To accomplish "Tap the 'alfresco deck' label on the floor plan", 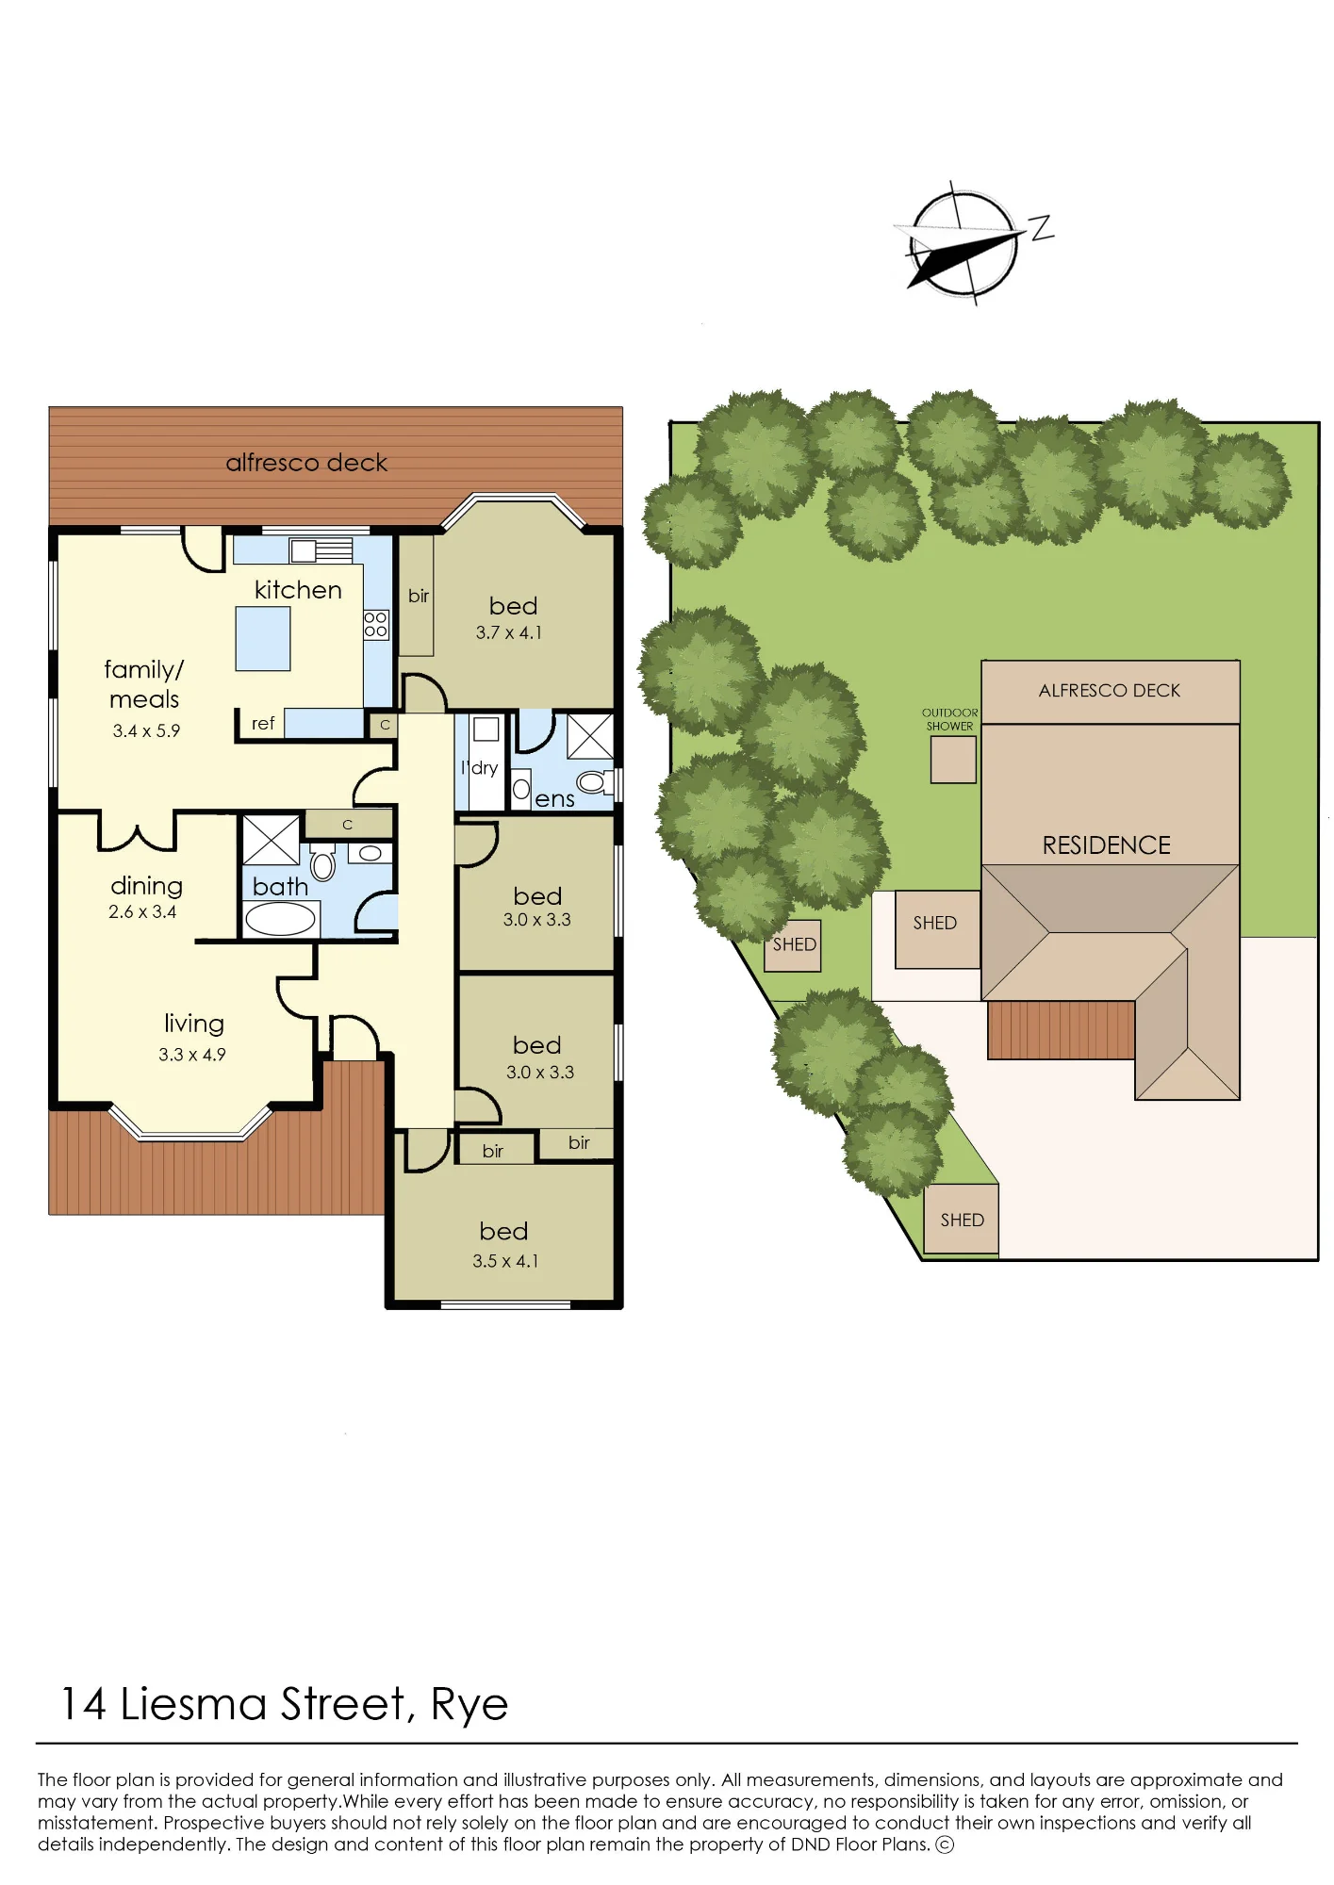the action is click(306, 463).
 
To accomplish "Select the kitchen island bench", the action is click(263, 639).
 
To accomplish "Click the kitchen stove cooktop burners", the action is click(375, 624).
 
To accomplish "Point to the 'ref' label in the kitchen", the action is click(263, 723).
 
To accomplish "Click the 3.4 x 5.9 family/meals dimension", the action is click(146, 730).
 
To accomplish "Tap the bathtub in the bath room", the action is click(280, 918).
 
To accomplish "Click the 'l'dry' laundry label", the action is click(479, 768).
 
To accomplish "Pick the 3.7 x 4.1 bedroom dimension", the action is click(509, 632).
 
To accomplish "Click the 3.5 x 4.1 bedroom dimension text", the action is click(505, 1261).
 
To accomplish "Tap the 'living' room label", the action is click(194, 1024).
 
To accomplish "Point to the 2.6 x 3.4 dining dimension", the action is click(142, 911).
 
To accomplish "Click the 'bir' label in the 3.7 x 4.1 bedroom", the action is click(419, 596).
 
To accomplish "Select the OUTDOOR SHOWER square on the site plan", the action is click(953, 760).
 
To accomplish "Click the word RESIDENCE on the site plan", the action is click(1106, 845).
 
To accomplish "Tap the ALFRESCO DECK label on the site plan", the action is click(1110, 691).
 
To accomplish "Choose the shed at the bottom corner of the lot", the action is click(962, 1220).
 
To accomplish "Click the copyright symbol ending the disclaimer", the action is click(945, 1844).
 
